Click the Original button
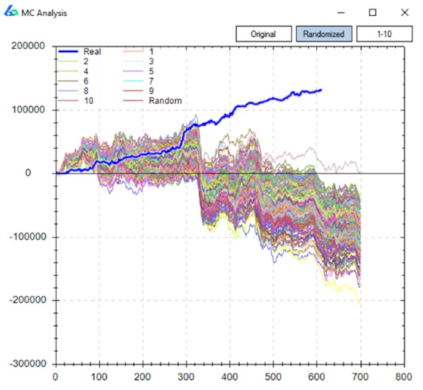click(x=263, y=34)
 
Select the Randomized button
click(x=323, y=34)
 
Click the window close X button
click(x=404, y=13)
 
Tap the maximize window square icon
click(x=373, y=13)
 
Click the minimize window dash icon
click(x=341, y=13)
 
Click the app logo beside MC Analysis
click(x=11, y=13)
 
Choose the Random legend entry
click(x=165, y=100)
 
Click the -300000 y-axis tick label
click(x=28, y=364)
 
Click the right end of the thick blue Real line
click(x=321, y=90)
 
